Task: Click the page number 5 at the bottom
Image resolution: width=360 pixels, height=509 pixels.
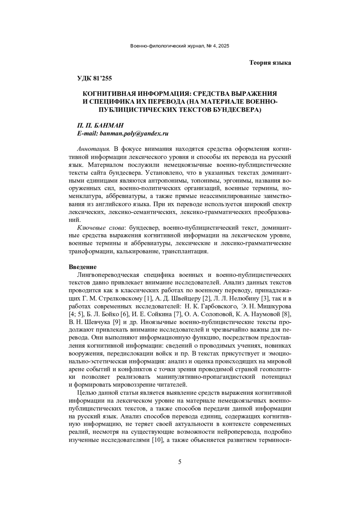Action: pyautogui.click(x=180, y=462)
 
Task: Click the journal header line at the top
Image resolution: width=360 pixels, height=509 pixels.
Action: pyautogui.click(x=180, y=46)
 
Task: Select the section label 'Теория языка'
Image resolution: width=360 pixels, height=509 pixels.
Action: pyautogui.click(x=270, y=63)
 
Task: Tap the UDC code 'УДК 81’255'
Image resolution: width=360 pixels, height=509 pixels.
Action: pyautogui.click(x=94, y=79)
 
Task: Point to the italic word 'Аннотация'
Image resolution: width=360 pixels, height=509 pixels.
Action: pyautogui.click(x=94, y=149)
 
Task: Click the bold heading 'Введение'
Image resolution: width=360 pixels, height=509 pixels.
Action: pyautogui.click(x=82, y=267)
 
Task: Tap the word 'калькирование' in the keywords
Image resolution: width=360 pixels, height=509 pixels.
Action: pyautogui.click(x=137, y=252)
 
